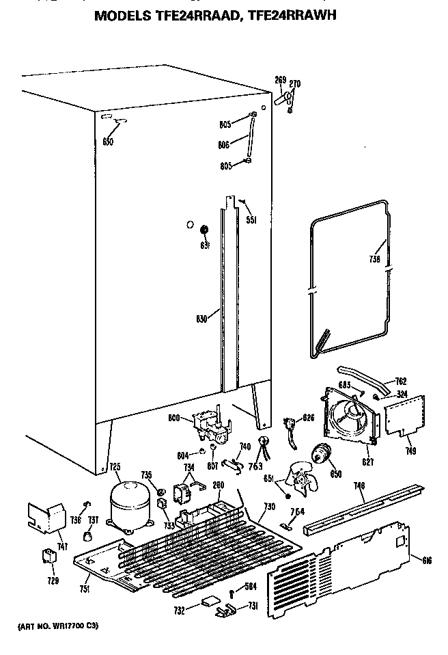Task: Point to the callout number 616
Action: click(427, 561)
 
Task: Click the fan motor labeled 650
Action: click(320, 454)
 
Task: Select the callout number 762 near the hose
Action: click(400, 383)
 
